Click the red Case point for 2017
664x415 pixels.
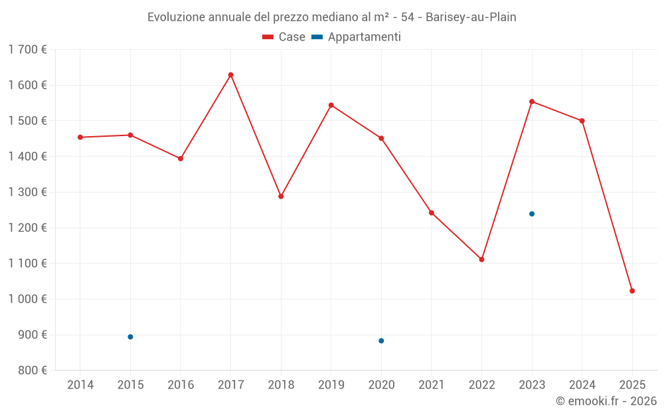[230, 75]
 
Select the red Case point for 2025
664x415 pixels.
[632, 291]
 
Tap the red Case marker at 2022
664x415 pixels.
[481, 260]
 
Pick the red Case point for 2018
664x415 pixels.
[281, 197]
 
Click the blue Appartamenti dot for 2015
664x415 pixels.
[130, 337]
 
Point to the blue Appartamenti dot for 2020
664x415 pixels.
[381, 341]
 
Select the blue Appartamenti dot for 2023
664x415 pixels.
[532, 214]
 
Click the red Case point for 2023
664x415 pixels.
[532, 102]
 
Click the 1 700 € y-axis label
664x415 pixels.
[27, 50]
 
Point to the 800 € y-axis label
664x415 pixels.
[31, 371]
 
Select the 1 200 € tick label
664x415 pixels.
[27, 228]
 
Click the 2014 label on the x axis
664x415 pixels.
[80, 385]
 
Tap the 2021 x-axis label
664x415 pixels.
[432, 385]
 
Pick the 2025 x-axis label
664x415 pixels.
[632, 385]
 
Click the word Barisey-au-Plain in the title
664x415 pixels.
[471, 17]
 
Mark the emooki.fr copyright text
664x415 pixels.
[606, 401]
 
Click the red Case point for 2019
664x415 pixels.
[331, 105]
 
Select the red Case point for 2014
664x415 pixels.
[80, 137]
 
